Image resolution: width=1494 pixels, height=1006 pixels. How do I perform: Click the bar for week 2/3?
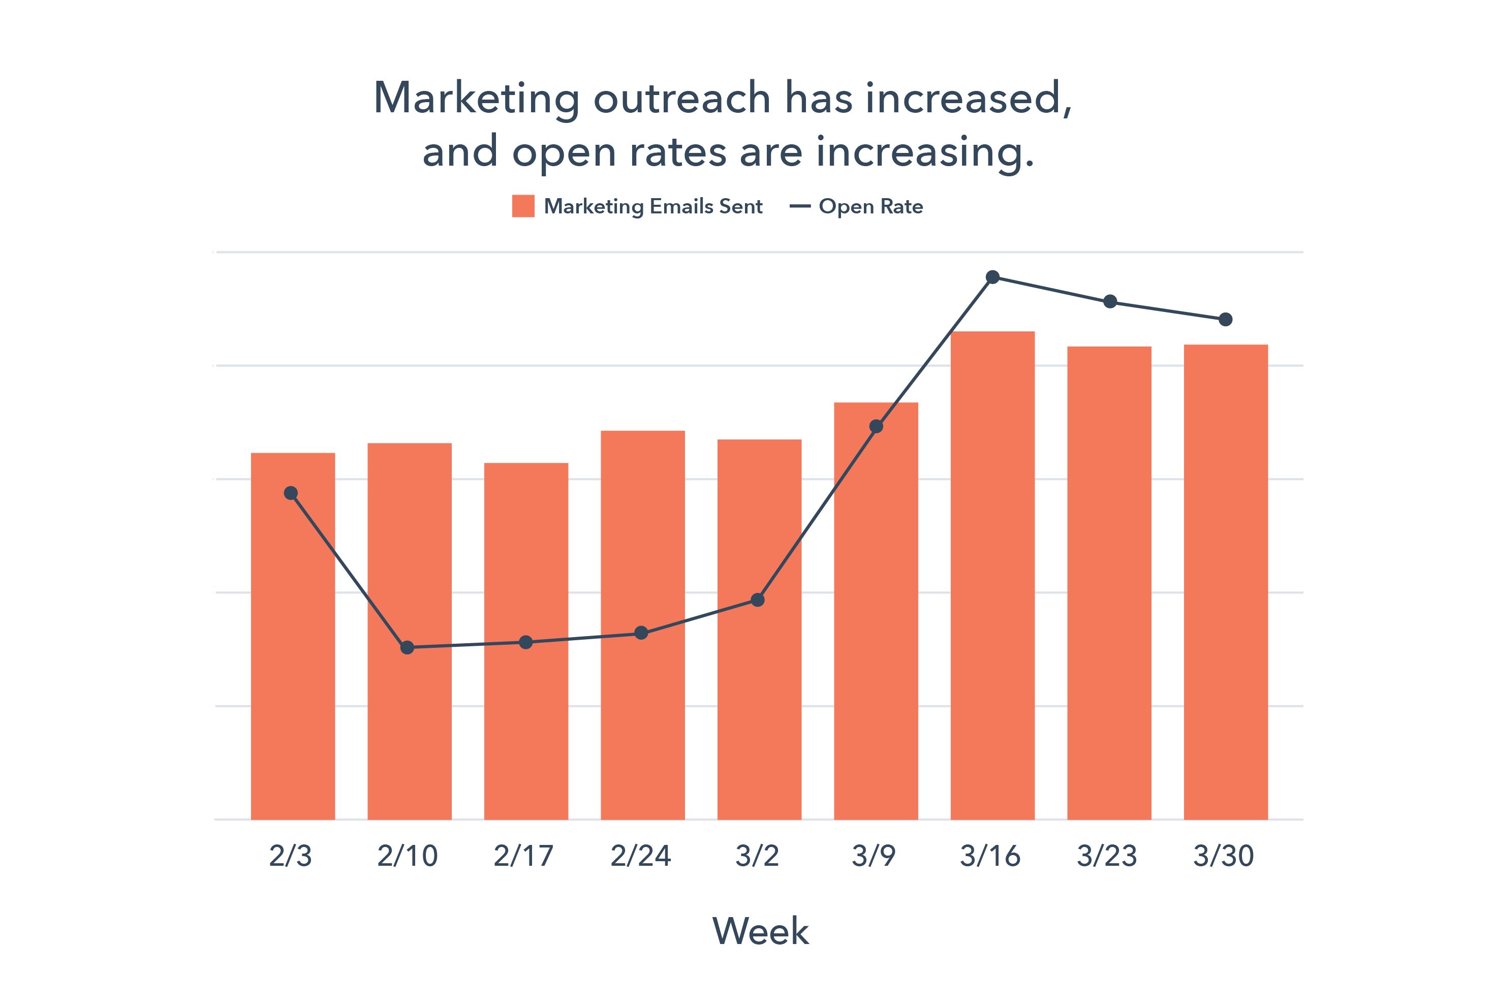293,635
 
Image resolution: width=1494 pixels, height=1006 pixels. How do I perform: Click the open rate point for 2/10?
407,647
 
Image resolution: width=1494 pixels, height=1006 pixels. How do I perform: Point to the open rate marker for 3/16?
992,277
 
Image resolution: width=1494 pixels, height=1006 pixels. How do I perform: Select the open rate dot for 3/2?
757,600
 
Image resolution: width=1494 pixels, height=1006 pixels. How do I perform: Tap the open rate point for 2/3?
291,493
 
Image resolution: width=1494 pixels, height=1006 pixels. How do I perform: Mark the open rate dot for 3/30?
1225,320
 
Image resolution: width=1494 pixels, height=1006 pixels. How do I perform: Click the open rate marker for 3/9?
876,426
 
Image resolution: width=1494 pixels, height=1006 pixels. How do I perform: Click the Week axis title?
761,931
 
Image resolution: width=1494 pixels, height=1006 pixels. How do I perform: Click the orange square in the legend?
523,206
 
